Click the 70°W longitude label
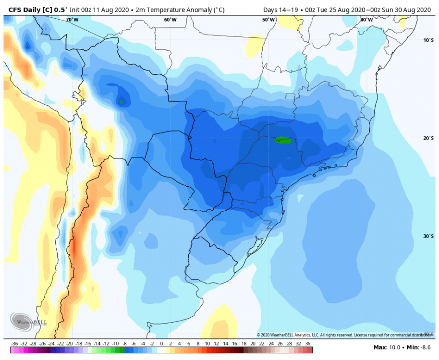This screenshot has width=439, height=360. pyautogui.click(x=72, y=20)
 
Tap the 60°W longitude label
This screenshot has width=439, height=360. pyautogui.click(x=170, y=20)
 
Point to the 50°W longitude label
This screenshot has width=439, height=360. pyautogui.click(x=268, y=20)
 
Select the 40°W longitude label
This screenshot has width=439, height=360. pyautogui.click(x=366, y=20)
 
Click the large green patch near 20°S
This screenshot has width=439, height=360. pyautogui.click(x=283, y=140)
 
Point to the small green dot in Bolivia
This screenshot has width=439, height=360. pyautogui.click(x=122, y=102)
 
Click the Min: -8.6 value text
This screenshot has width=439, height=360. pyautogui.click(x=417, y=347)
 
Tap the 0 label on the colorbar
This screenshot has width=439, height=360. pyautogui.click(x=161, y=344)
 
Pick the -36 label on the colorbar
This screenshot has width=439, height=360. pyautogui.click(x=14, y=344)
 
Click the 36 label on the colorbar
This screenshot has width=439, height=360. pyautogui.click(x=308, y=344)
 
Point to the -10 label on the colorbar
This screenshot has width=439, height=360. pyautogui.click(x=115, y=344)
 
